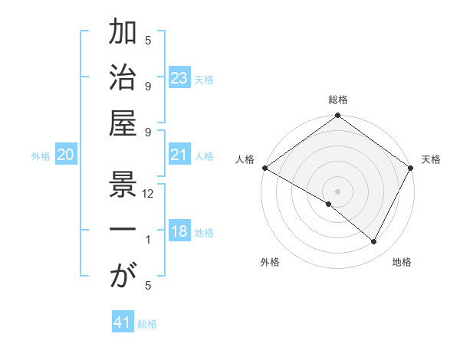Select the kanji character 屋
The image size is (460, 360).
[x=123, y=124]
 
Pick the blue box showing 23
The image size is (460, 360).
[x=179, y=78]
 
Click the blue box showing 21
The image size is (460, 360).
[x=179, y=155]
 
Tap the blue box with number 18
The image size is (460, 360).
[x=179, y=231]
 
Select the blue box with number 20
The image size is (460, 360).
[x=66, y=155]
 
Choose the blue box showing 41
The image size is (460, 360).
[x=123, y=322]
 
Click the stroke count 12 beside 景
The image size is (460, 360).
[x=148, y=194]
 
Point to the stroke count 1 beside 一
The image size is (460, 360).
[x=148, y=240]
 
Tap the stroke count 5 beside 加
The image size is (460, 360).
[x=148, y=40]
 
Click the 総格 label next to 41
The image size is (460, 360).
[x=147, y=324]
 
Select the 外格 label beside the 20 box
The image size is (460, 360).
[x=41, y=156]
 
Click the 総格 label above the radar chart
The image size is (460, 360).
[x=338, y=100]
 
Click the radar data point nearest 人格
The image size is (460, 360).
[x=264, y=168]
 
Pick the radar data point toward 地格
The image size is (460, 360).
[x=374, y=242]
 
